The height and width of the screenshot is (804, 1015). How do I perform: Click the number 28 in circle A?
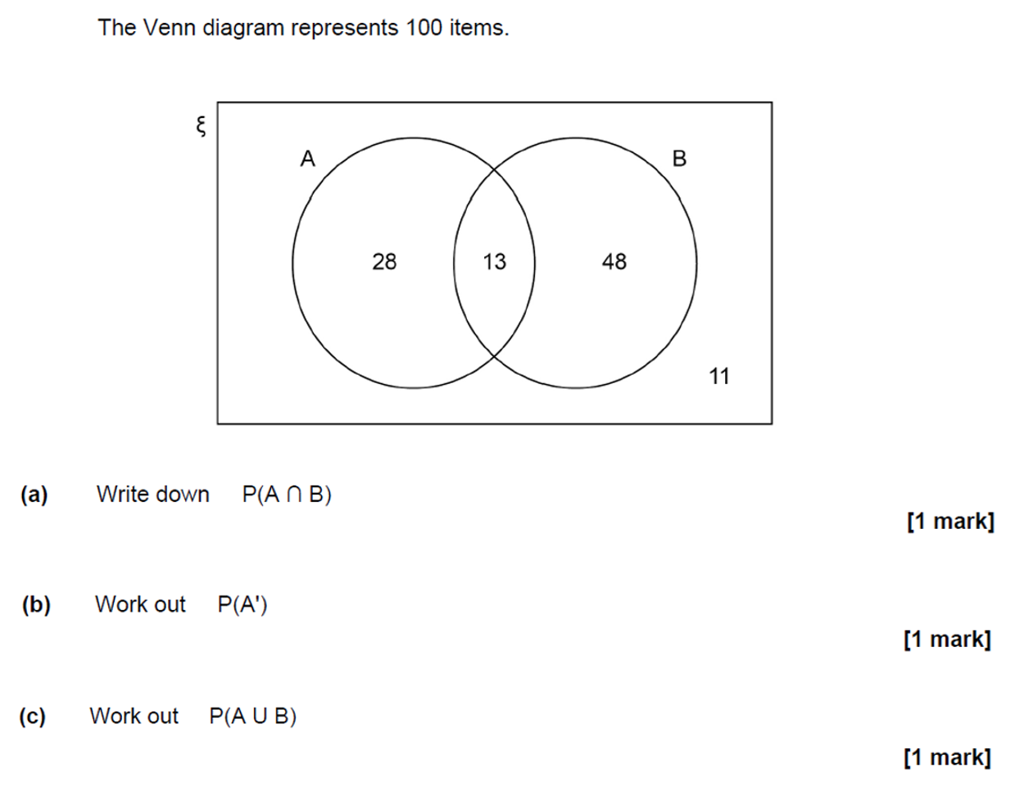pos(384,262)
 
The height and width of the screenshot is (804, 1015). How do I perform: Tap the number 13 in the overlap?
pos(494,262)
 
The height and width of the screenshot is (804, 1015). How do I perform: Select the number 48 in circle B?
pos(614,262)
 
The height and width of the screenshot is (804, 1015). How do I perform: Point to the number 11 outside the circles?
pos(719,377)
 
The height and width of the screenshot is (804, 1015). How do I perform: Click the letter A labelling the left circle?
pos(307,159)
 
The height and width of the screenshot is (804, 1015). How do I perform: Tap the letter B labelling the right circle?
pos(679,159)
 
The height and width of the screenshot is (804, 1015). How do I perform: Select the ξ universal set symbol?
pos(201,126)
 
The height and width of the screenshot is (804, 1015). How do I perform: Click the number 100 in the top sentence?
pos(423,28)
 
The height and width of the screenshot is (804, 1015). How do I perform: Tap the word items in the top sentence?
pos(479,28)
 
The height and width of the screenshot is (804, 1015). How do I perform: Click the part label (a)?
pos(34,495)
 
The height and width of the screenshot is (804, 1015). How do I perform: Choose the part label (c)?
pos(33,716)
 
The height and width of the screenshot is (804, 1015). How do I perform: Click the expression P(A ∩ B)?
pos(287,495)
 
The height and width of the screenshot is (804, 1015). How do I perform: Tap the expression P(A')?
pos(242,604)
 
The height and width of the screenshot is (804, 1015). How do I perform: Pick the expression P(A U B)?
pos(253,716)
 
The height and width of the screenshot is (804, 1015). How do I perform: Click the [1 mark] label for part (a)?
pos(951,522)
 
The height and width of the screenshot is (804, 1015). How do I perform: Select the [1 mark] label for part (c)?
pos(948,758)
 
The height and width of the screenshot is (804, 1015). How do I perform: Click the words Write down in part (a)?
pos(153,495)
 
